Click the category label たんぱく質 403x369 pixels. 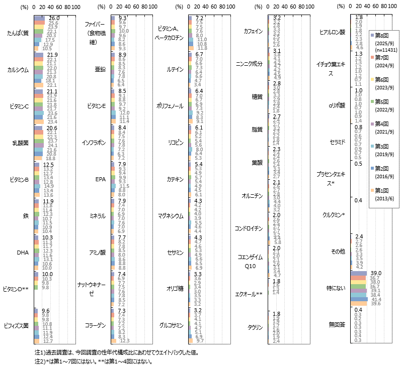18,33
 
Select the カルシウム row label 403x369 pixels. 18,69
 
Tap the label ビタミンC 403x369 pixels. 18,106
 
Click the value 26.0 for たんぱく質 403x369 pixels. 54,18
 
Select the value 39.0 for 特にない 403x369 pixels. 376,273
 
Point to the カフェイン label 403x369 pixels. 253,31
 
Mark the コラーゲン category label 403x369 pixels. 95,325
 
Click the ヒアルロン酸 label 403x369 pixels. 333,32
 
